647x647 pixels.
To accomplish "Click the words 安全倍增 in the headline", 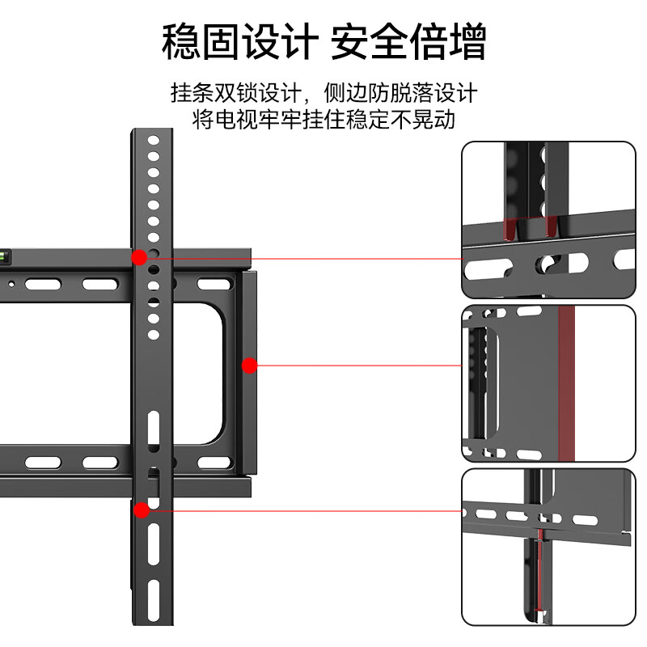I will [408, 41].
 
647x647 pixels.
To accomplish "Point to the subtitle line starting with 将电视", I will [323, 120].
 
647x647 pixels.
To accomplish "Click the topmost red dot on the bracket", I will [139, 257].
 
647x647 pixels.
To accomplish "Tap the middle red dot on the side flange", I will [249, 366].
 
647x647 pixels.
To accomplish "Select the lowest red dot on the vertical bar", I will [142, 510].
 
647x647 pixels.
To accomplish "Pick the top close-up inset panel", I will [548, 220].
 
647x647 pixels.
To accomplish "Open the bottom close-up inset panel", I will [548, 547].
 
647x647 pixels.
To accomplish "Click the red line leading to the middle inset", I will [356, 366].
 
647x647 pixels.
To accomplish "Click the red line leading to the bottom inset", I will [299, 510].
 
